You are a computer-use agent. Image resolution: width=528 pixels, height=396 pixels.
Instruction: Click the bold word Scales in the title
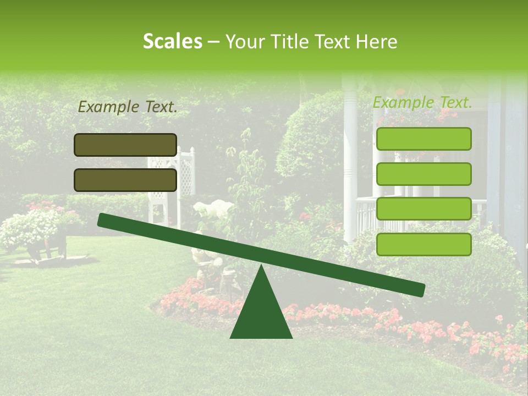tap(172, 41)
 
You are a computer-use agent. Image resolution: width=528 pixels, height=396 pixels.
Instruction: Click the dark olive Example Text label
tap(128, 107)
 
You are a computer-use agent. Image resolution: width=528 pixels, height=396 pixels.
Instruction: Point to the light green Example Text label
tap(422, 102)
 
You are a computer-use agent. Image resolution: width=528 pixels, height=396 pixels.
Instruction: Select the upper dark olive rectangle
tap(125, 145)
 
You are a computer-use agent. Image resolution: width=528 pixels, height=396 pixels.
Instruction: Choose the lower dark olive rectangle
tap(125, 180)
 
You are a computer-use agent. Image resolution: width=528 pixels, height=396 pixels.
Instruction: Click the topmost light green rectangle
tap(424, 139)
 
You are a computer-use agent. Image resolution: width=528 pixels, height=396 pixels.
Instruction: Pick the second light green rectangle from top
tap(424, 174)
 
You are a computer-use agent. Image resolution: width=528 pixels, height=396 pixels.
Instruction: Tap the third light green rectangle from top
tap(424, 209)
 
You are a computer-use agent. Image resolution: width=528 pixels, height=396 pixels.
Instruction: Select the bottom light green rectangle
tap(424, 244)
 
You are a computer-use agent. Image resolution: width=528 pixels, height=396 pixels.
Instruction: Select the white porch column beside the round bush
tap(350, 165)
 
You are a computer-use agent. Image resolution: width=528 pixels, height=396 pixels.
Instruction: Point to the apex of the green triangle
tap(261, 267)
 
